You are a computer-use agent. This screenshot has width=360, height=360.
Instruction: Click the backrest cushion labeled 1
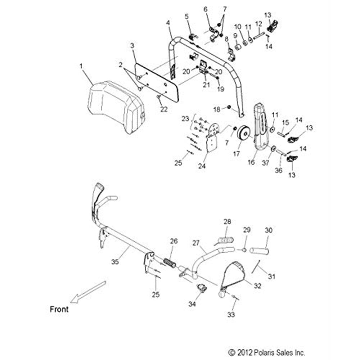[x=113, y=106]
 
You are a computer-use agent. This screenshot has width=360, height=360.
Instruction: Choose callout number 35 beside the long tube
[x=115, y=262]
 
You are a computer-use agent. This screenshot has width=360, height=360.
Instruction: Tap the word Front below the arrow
[x=59, y=309]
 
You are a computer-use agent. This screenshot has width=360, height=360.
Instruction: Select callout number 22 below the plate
[x=164, y=109]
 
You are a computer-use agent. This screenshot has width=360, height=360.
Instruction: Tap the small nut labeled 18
[x=229, y=107]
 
